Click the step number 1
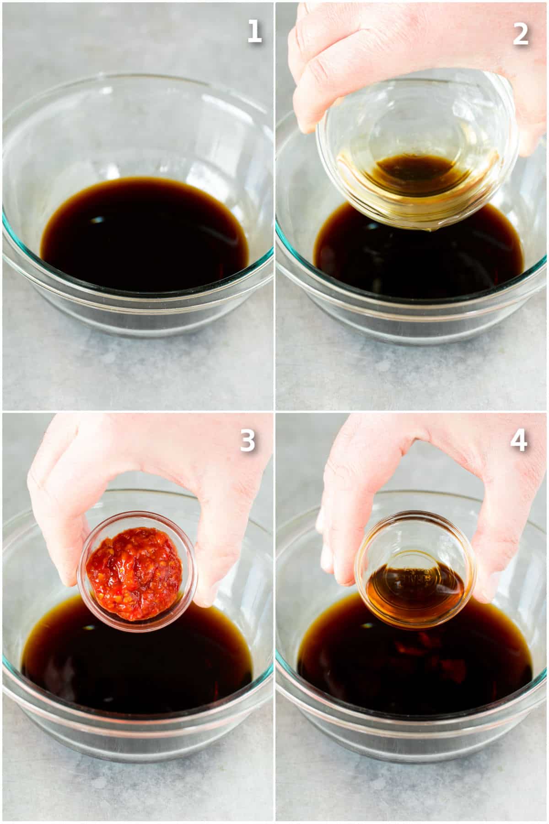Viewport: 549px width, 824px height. tap(254, 33)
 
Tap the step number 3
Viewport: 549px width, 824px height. tap(248, 443)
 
